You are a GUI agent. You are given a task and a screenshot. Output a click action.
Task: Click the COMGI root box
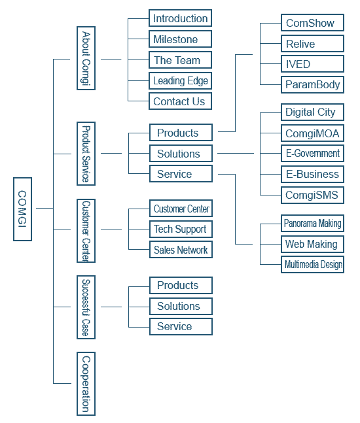(x=22, y=209)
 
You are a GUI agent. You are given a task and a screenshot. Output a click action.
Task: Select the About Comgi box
(x=86, y=58)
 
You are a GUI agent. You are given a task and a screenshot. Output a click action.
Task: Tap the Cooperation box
(x=86, y=384)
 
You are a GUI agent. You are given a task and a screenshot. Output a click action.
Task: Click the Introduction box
(x=180, y=18)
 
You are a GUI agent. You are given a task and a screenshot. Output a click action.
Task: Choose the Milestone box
(x=180, y=39)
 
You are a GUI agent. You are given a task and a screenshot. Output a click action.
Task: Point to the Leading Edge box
(x=180, y=80)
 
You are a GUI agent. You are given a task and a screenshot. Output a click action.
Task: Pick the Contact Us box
(x=180, y=101)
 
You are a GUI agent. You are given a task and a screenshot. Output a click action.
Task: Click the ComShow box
(x=312, y=23)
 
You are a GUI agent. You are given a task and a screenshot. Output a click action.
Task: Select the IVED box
(x=312, y=64)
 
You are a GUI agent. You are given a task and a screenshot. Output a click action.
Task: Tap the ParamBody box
(x=312, y=85)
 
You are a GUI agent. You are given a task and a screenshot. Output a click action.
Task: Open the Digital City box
(x=312, y=112)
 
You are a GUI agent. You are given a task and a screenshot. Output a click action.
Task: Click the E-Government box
(x=312, y=153)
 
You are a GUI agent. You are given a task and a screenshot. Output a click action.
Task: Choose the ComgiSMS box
(x=312, y=195)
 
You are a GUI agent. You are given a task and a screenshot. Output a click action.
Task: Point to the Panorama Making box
(x=312, y=223)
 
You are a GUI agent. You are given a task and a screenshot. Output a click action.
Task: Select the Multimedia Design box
(x=312, y=264)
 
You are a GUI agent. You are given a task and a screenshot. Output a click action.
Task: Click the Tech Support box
(x=181, y=229)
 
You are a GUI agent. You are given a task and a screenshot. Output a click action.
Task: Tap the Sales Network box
(x=181, y=250)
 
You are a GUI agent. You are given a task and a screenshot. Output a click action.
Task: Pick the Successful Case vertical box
(x=86, y=307)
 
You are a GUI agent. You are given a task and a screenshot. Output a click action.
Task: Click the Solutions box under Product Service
(x=181, y=153)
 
